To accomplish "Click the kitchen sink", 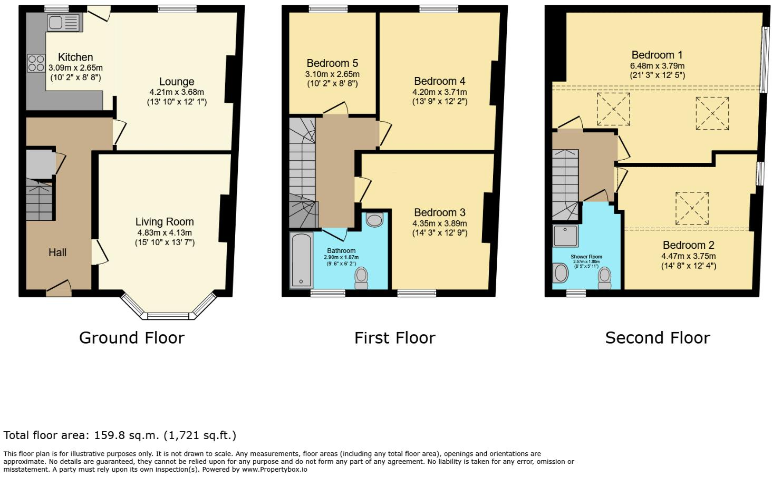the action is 65,23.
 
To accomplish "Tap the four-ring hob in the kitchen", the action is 36,63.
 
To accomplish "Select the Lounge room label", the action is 177,82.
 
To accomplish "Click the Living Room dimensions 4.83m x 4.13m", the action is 165,232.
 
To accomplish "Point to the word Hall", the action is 57,252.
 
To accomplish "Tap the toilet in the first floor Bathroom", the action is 361,279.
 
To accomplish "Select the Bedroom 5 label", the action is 332,63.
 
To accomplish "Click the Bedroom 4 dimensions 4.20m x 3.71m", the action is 439,92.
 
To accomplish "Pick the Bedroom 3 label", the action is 439,212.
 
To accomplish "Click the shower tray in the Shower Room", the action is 565,236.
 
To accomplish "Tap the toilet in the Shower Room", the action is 604,278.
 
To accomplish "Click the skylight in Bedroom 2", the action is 692,208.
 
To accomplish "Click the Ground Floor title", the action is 132,338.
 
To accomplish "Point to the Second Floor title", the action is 658,338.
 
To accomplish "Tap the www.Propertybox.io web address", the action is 274,469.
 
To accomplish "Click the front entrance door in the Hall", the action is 59,289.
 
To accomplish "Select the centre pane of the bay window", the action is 168,316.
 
